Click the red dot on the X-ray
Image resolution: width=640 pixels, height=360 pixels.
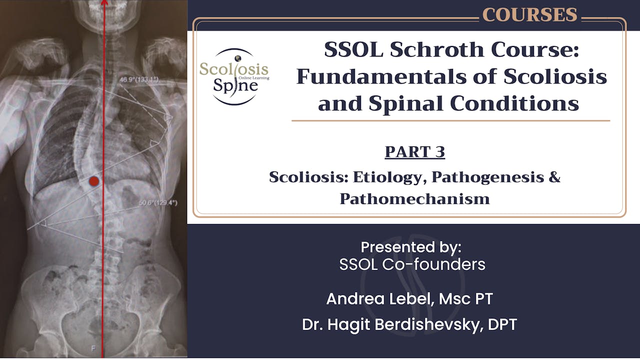point(93,181)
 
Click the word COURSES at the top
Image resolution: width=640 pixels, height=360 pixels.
point(529,15)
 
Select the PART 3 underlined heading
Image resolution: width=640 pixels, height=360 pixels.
point(414,151)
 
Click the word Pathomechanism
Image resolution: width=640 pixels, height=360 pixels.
point(414,198)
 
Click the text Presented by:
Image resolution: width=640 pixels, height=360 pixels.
point(411,247)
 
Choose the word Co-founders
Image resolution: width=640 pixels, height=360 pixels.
point(433,264)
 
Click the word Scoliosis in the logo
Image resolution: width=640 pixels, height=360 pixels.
point(234,69)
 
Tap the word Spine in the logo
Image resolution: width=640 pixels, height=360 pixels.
point(235,85)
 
